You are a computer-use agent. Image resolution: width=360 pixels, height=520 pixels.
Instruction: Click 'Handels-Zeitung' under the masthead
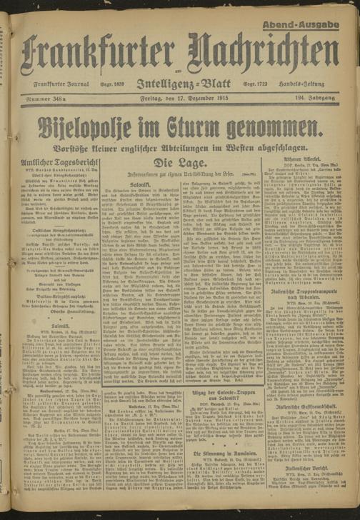(316, 83)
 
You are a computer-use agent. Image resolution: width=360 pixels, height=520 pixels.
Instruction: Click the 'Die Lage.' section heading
(183, 164)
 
